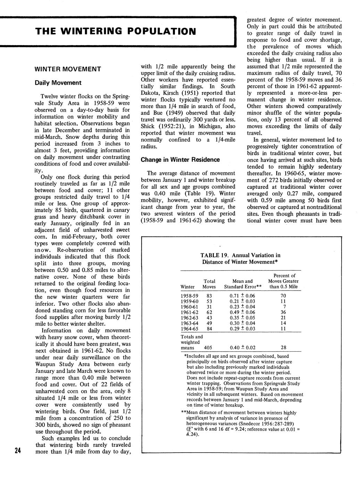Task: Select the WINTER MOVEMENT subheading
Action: point(68,69)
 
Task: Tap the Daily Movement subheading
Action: point(58,83)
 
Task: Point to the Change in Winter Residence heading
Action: point(180,160)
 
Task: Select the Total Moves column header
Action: point(209,284)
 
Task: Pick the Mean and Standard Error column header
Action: point(242,284)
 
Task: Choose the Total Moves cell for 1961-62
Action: point(209,312)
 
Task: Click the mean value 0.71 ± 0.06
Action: point(242,296)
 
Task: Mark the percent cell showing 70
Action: point(283,296)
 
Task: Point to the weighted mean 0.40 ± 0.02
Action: point(242,347)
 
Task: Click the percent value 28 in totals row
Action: point(283,347)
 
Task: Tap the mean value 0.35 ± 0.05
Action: point(242,318)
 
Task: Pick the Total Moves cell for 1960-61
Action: point(209,306)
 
